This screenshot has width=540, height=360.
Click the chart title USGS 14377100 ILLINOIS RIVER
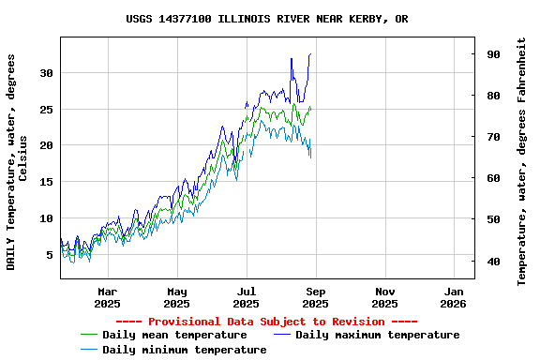pos(267,19)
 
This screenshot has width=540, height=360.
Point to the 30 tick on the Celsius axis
pos(48,72)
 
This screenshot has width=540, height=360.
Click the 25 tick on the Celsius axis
pos(48,109)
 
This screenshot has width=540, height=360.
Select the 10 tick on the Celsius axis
pos(48,218)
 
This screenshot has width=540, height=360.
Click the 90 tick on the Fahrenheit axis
pos(492,54)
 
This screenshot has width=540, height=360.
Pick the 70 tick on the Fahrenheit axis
pos(492,137)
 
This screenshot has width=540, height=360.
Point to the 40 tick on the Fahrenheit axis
pos(492,261)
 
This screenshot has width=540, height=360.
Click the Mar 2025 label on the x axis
pos(108,297)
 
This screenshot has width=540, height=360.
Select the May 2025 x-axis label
pos(177,297)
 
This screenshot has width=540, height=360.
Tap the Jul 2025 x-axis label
pos(247,297)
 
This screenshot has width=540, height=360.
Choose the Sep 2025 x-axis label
pos(316,297)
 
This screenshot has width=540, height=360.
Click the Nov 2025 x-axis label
pos(385,297)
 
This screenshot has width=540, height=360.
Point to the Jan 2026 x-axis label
pos(454,297)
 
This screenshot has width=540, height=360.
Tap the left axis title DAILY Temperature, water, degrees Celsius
pos(18,161)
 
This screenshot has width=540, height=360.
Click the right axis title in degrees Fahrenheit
pos(522,161)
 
